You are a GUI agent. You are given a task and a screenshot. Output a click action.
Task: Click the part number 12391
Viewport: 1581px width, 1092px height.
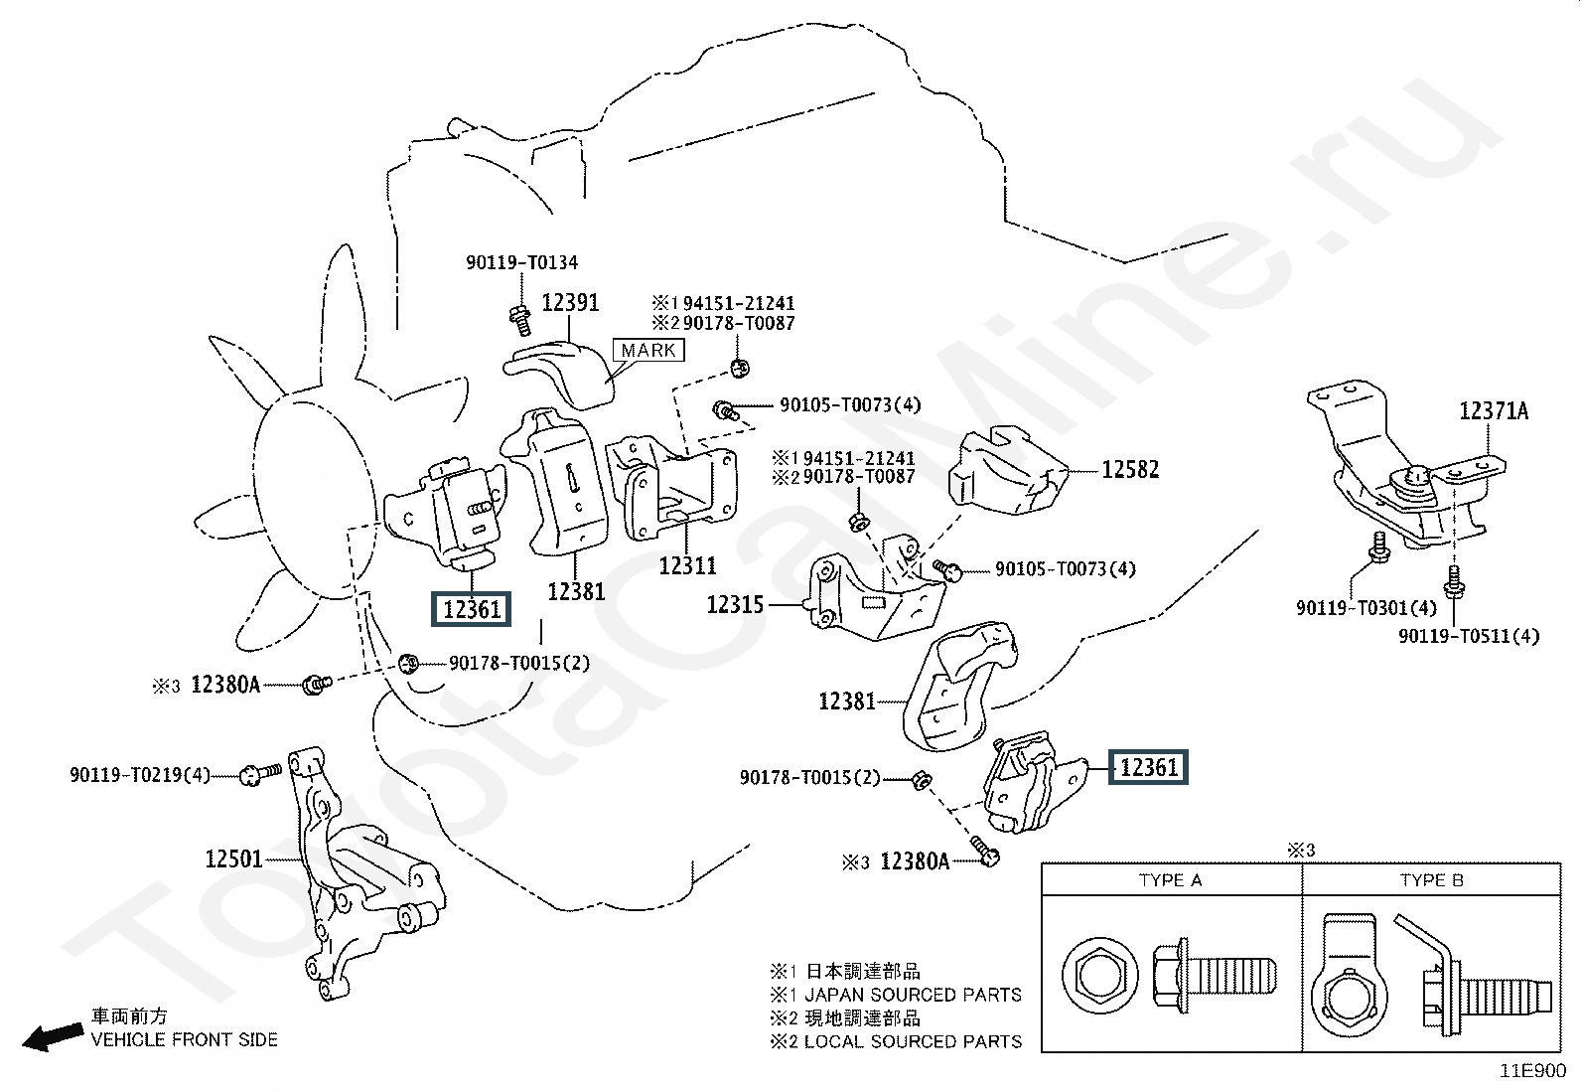[x=570, y=303]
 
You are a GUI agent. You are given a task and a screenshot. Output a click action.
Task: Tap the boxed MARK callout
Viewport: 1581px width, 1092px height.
[x=648, y=351]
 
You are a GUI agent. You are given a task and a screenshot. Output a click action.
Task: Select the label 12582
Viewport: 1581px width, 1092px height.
[x=1130, y=470]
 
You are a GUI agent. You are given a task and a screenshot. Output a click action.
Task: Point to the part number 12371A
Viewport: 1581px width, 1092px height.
[x=1494, y=411]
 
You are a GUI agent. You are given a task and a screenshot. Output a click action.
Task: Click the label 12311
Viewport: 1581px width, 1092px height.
[x=687, y=565]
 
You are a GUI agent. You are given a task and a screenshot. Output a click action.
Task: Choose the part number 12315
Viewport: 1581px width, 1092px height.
[x=735, y=605]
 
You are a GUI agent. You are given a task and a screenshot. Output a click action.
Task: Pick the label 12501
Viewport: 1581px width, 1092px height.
[x=233, y=858]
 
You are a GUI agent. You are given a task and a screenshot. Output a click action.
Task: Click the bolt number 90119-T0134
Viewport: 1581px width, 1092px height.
[x=521, y=262]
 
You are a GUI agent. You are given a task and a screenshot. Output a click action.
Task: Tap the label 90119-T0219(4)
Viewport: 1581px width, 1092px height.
[x=140, y=776]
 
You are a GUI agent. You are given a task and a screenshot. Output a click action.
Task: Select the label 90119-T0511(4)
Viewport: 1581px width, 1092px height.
[x=1469, y=636]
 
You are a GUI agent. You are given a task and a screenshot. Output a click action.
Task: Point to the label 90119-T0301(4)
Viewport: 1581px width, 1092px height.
[x=1366, y=607]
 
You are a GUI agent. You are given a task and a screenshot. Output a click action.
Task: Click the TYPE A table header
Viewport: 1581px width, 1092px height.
[x=1170, y=880]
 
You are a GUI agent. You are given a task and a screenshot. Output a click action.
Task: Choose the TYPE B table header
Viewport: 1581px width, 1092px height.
[x=1432, y=880]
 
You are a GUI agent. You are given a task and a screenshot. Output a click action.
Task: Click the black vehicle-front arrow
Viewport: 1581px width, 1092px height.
[x=53, y=1037]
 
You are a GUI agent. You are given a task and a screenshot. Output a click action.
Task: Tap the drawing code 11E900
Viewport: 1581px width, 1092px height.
[x=1532, y=1071]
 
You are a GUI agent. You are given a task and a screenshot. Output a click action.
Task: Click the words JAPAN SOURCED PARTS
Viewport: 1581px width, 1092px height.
[x=914, y=996]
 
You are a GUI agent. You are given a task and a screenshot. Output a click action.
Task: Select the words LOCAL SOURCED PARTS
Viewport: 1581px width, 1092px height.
[x=914, y=1042]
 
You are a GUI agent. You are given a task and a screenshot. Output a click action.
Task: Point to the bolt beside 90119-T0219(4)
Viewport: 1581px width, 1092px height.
[x=260, y=774]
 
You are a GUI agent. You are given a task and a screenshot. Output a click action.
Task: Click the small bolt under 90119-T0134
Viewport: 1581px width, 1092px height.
[x=521, y=321]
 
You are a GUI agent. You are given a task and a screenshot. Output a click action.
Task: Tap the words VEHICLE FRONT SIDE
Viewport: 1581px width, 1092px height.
[x=184, y=1039]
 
